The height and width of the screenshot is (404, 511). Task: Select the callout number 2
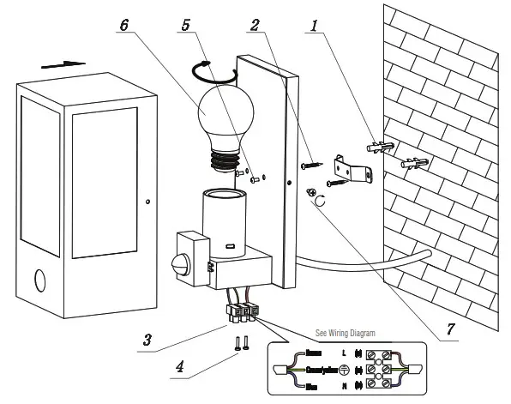(255, 27)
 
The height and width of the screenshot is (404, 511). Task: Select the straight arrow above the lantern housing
(63, 64)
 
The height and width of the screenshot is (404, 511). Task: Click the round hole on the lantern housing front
(44, 281)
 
